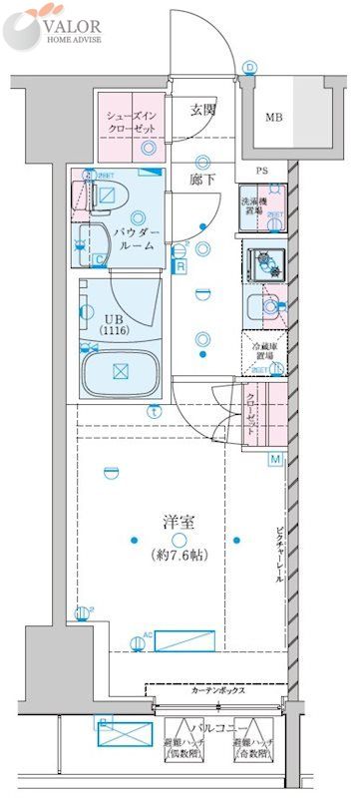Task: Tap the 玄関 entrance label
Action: [x=203, y=110]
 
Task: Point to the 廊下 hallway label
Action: [x=202, y=181]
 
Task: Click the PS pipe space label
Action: [x=261, y=172]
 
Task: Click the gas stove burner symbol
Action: [x=265, y=261]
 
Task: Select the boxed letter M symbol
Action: [x=274, y=459]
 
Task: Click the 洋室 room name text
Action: [x=178, y=520]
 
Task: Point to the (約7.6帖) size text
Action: [x=180, y=555]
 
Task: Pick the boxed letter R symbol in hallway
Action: [x=180, y=266]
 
